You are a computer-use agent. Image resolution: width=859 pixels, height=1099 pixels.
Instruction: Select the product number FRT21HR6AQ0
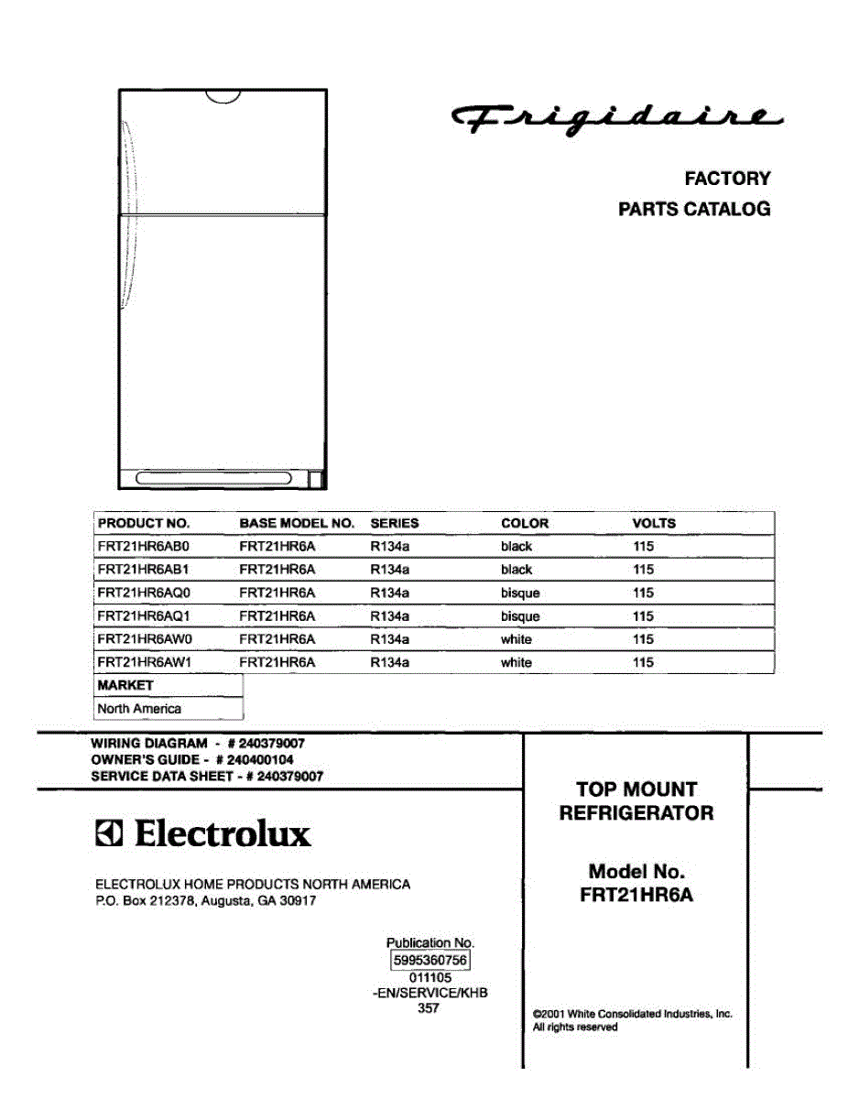[x=143, y=593]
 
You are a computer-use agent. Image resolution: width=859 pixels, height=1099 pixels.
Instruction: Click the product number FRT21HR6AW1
[x=143, y=662]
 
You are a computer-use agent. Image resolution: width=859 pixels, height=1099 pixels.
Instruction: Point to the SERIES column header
[x=394, y=524]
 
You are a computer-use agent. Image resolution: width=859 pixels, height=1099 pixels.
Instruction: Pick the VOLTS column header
[x=653, y=524]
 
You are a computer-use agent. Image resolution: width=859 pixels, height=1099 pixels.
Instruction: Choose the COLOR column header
[x=525, y=524]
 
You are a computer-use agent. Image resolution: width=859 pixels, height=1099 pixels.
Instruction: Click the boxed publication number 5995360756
[x=429, y=961]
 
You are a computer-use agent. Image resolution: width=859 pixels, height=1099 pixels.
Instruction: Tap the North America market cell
[x=139, y=709]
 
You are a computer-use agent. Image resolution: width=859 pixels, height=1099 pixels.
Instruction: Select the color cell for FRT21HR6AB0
[x=516, y=547]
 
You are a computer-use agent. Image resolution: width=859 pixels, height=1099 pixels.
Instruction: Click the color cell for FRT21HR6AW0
[x=516, y=639]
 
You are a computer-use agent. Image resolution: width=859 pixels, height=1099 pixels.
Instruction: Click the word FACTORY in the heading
[x=727, y=179]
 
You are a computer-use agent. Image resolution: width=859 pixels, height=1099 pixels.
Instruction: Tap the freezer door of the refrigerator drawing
[x=223, y=152]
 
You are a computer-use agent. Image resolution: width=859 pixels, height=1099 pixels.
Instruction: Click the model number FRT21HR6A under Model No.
[x=636, y=896]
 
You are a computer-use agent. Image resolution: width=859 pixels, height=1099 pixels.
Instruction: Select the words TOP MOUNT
[x=636, y=789]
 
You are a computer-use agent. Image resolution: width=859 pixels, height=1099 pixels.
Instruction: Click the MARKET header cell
[x=125, y=685]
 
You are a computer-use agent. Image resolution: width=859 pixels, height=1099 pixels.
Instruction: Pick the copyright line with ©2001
[x=632, y=1014]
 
